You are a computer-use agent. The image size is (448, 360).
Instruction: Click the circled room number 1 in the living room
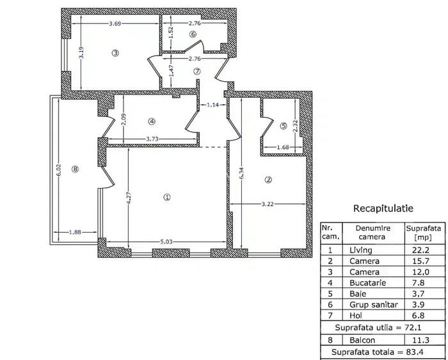(167, 198)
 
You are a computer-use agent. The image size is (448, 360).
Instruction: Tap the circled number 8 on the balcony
(76, 169)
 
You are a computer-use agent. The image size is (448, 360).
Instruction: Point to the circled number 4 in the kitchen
(151, 121)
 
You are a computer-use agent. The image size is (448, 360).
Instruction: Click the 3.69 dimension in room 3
(115, 24)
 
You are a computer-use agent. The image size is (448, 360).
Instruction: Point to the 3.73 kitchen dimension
(152, 139)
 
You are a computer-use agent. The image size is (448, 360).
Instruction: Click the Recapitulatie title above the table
(383, 208)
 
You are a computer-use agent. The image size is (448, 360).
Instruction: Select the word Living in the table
(360, 251)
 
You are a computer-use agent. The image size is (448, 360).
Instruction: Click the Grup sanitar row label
(369, 305)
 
